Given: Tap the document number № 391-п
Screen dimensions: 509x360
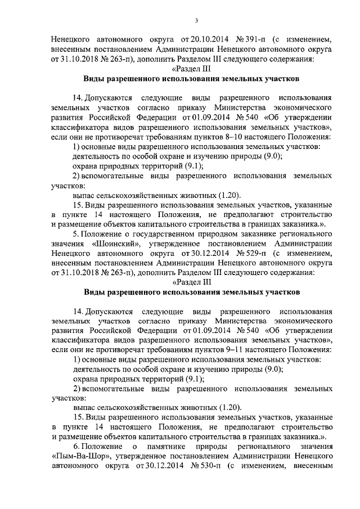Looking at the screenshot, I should click(x=241, y=40).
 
